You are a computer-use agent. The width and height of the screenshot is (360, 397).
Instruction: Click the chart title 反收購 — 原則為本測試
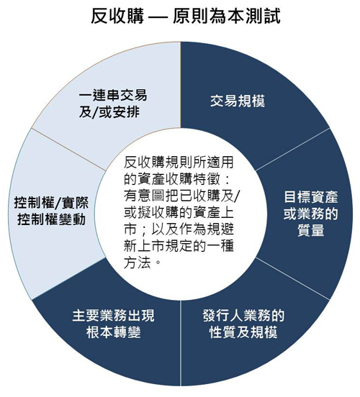coord(186,17)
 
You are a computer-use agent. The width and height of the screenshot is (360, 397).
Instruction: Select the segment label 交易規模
coord(238,101)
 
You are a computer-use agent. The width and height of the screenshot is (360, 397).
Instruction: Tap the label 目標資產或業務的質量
coord(310,214)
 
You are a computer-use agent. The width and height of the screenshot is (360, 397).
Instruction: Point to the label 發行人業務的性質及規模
coord(243,324)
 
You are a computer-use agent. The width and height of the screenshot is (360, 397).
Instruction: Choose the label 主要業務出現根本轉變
coord(113,324)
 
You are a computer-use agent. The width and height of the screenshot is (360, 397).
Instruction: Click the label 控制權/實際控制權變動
coord(51,211)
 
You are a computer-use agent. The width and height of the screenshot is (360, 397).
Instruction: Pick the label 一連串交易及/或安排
coord(113,104)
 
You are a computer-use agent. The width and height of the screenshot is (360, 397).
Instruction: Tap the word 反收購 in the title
coord(117,17)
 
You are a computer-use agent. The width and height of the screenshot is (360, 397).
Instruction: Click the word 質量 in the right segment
coord(311,230)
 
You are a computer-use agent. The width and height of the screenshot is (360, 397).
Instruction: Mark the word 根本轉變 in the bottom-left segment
coord(113,332)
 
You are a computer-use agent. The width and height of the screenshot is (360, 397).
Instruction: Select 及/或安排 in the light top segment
coord(109,111)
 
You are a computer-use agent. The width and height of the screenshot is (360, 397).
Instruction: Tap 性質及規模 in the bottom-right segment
coord(243,332)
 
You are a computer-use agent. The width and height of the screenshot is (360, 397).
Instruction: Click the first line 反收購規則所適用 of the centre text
coord(179,163)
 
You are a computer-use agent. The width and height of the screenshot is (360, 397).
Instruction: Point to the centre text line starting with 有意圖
coord(181,196)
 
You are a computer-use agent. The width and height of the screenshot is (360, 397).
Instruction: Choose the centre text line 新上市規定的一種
coord(179,246)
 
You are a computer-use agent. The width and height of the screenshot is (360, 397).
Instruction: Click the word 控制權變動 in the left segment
coord(51,219)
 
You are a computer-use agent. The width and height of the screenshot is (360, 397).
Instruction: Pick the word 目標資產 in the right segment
coord(311,197)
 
